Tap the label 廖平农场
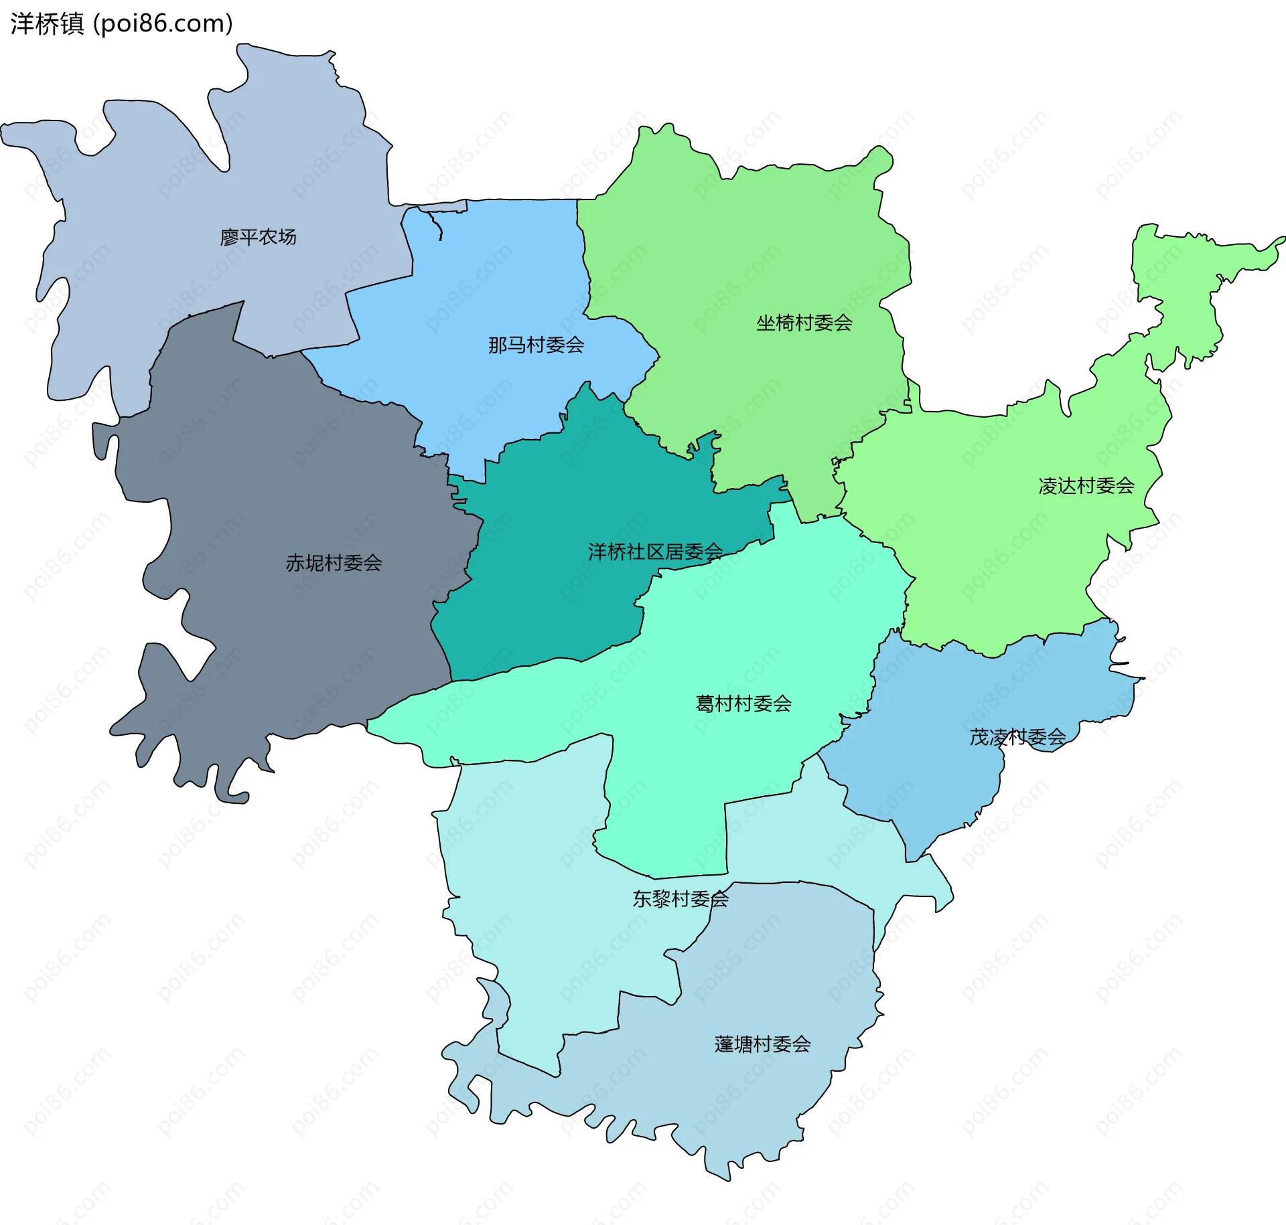[258, 237]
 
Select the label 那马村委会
[536, 345]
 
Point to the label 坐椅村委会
[804, 323]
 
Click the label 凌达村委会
[1086, 486]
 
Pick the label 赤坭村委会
[334, 563]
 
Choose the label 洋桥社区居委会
[655, 552]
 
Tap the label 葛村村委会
[743, 704]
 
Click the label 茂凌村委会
[1017, 738]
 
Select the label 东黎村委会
[681, 899]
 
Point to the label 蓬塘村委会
[762, 1044]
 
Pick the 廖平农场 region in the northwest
[167, 201]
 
